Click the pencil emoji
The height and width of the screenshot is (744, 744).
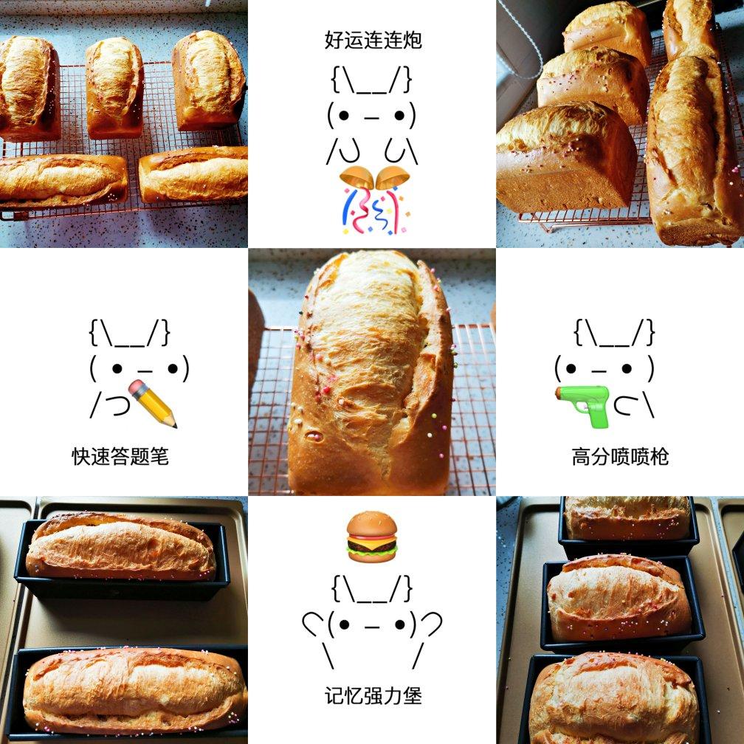153,404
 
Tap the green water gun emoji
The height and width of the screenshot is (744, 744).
583,404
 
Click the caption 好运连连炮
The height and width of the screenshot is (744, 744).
373,40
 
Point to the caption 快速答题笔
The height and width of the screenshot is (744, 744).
120,456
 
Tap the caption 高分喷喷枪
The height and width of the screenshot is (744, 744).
620,456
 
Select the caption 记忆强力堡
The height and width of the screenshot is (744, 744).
373,695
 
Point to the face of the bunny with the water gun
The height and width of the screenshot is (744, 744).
604,367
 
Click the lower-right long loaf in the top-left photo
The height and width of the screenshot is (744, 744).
193,173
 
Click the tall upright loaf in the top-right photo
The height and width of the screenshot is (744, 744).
690,148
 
